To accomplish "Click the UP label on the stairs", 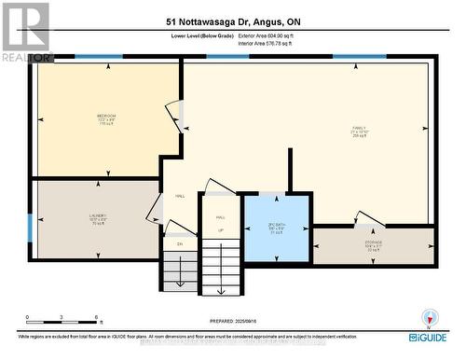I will point(220,228).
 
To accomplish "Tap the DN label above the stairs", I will point(179,243).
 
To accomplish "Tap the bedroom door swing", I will point(172,110).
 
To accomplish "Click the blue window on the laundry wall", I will point(31,227).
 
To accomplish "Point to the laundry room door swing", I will point(153,210).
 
